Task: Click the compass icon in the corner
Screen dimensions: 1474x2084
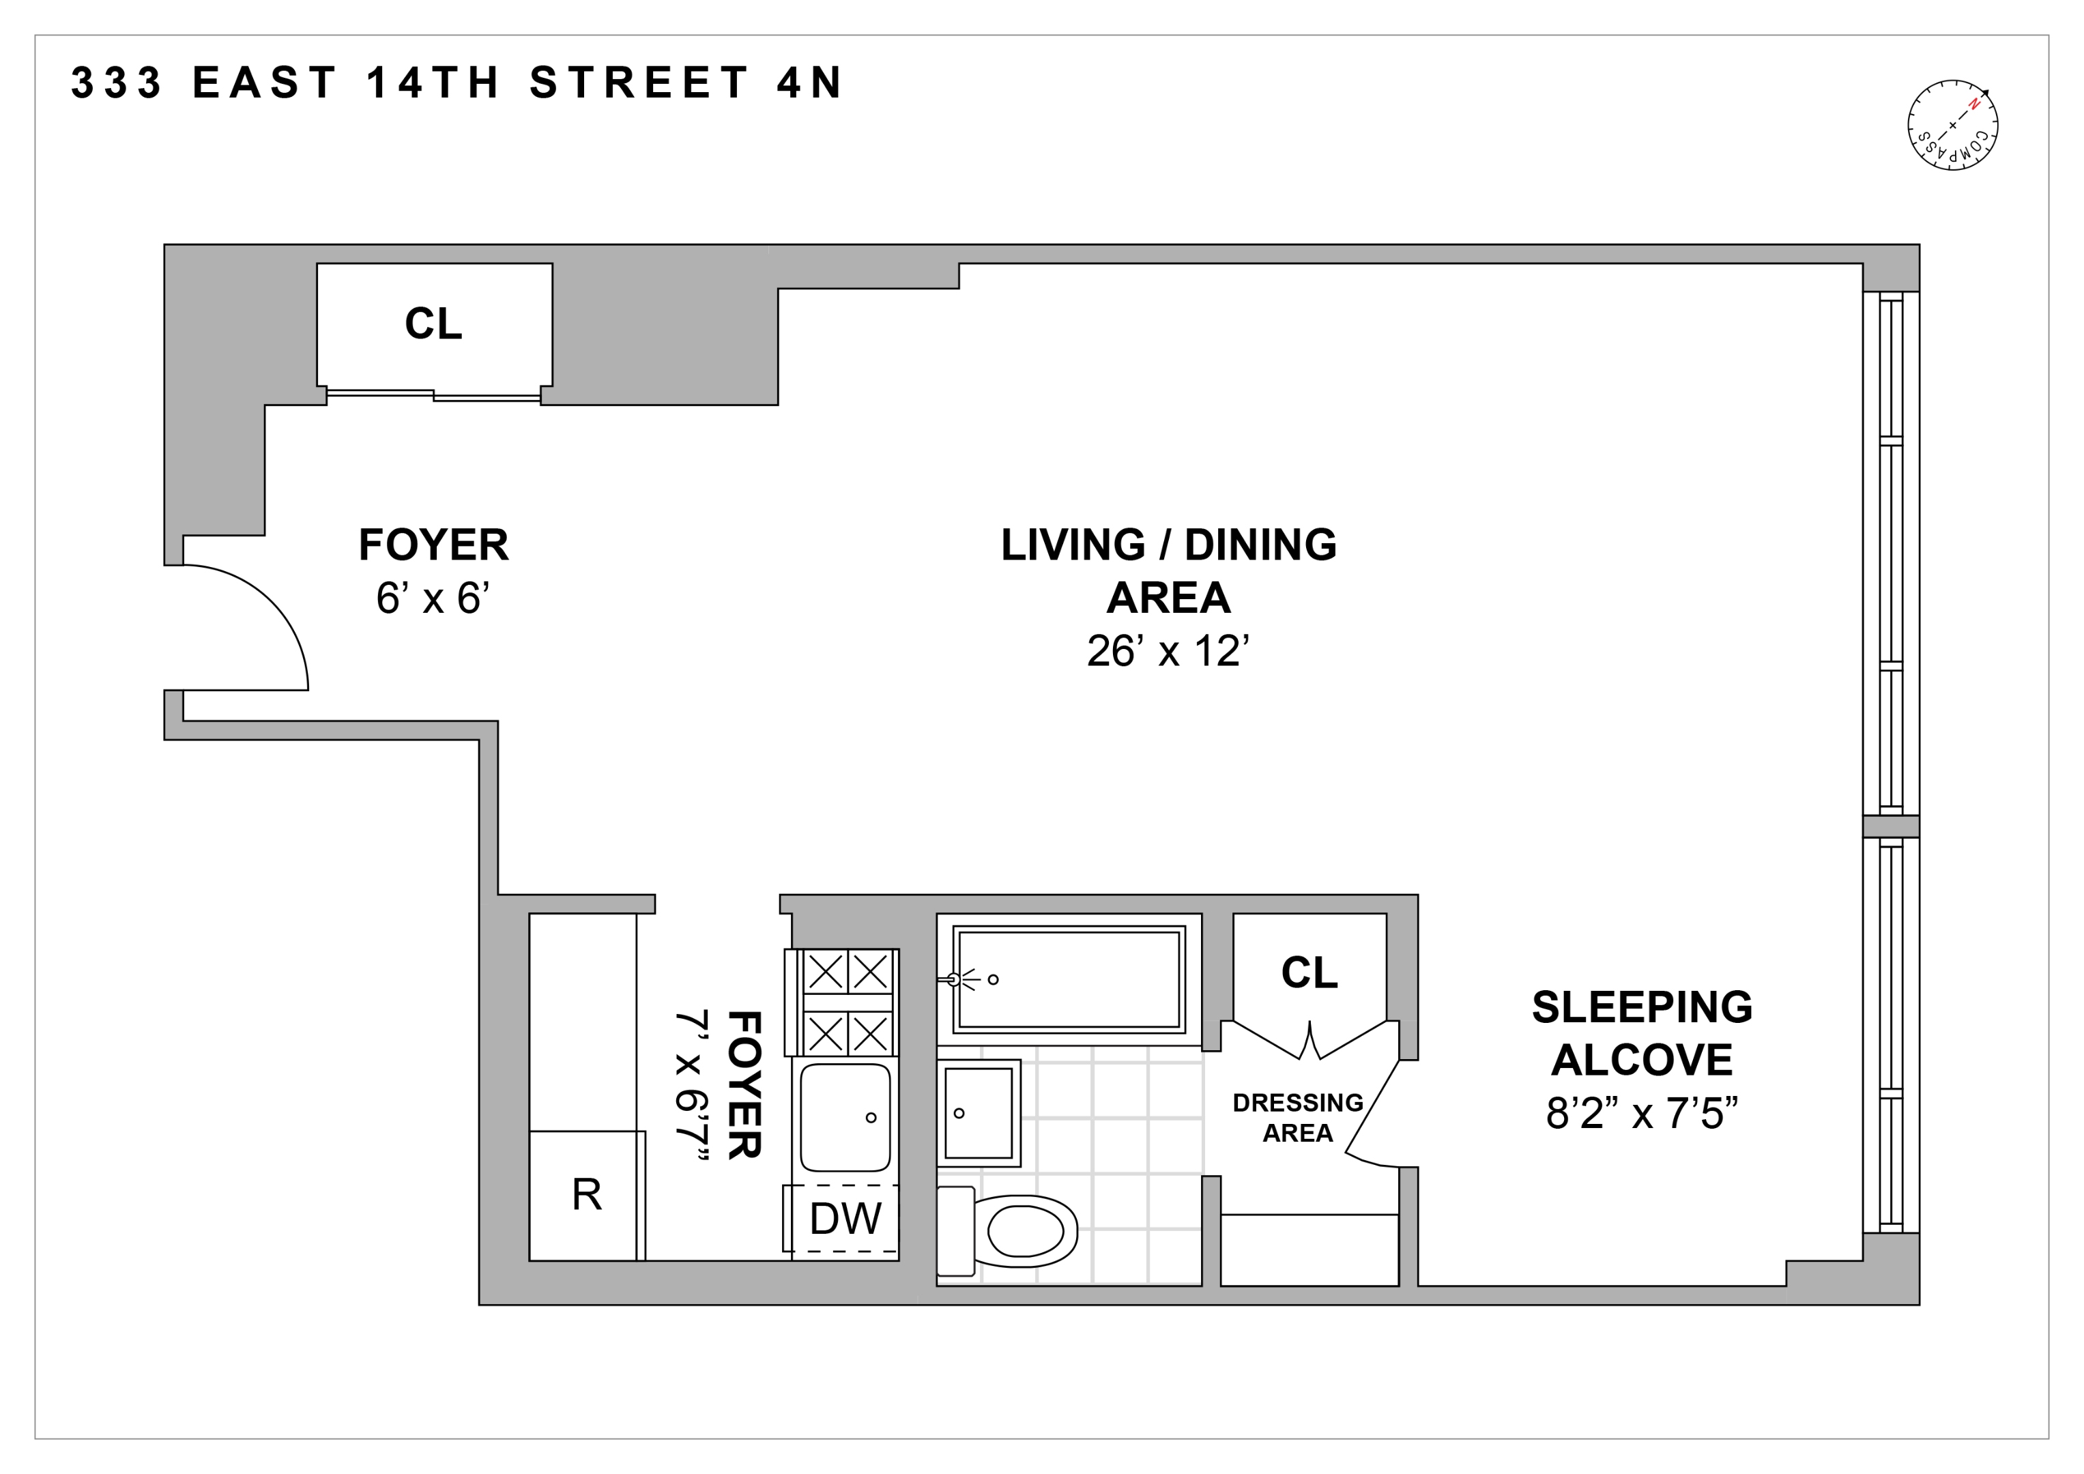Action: [1952, 126]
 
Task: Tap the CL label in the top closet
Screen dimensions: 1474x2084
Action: [434, 324]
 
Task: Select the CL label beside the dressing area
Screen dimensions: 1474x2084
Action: [1309, 973]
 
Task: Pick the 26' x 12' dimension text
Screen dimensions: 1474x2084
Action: [1168, 652]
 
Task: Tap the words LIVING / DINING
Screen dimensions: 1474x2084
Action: [1168, 545]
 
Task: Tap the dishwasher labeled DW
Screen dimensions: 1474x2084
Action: [844, 1219]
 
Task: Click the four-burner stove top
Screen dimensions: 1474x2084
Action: [848, 1002]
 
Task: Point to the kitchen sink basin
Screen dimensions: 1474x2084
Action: [844, 1117]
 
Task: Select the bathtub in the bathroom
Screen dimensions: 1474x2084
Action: [1069, 979]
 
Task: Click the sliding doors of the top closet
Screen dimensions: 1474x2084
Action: [434, 395]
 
